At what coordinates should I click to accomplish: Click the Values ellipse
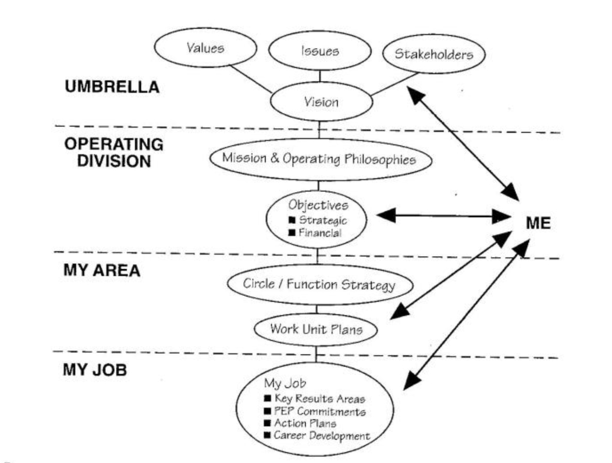[x=205, y=48]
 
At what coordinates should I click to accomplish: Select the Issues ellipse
[x=320, y=51]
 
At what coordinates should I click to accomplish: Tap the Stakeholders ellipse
[x=434, y=55]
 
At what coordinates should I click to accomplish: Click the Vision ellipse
[x=321, y=101]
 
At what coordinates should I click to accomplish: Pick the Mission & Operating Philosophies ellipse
[x=318, y=159]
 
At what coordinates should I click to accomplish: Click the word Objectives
[x=318, y=205]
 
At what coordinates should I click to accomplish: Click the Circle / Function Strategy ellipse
[x=318, y=284]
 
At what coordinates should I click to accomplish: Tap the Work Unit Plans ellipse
[x=315, y=329]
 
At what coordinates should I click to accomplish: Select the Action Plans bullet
[x=305, y=423]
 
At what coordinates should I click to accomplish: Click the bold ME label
[x=538, y=223]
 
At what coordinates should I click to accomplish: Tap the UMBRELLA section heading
[x=112, y=87]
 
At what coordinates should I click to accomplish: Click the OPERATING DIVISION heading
[x=114, y=152]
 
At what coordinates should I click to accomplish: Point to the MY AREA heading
[x=101, y=271]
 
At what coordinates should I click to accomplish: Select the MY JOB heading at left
[x=95, y=371]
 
